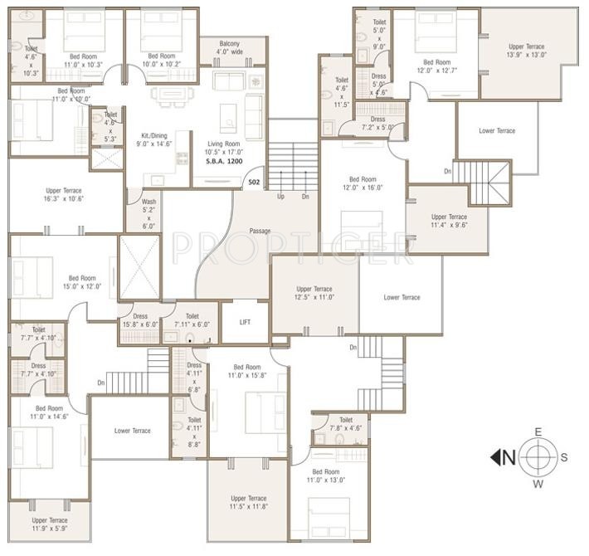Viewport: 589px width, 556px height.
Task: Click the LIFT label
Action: tap(245, 321)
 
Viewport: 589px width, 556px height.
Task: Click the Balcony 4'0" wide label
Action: tap(230, 47)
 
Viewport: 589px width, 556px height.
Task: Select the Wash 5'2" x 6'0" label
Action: tap(148, 212)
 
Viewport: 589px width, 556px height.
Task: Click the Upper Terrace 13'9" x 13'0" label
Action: tap(527, 51)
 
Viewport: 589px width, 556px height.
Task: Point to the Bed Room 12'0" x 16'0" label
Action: tap(363, 183)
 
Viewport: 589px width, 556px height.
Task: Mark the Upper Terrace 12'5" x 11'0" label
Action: tap(314, 293)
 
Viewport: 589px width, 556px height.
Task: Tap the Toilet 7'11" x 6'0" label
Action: tap(192, 319)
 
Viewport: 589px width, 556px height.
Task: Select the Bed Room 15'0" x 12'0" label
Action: tap(82, 282)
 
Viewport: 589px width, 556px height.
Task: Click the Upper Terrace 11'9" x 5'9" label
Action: tap(49, 524)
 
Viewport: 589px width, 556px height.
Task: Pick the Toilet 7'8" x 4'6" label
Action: tap(346, 424)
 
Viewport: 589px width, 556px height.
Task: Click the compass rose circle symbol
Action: tap(538, 456)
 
